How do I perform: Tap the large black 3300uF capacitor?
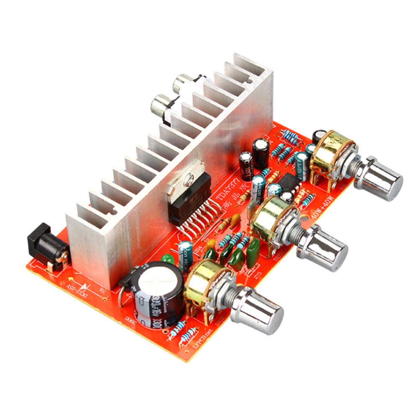point(156,293)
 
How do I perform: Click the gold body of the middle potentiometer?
point(272,216)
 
